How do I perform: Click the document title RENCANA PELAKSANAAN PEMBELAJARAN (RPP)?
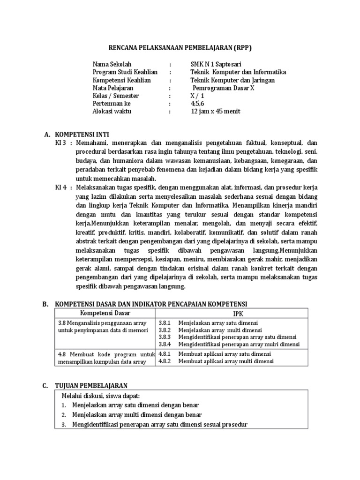point(180,48)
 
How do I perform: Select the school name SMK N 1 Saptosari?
point(217,64)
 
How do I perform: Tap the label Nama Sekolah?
point(112,64)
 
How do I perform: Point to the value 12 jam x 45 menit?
point(216,112)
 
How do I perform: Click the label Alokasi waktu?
point(112,112)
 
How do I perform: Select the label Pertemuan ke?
point(112,104)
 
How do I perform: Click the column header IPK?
point(232,314)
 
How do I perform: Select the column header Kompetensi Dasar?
point(105,313)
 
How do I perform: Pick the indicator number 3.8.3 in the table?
point(165,337)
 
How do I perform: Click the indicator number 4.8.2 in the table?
point(165,361)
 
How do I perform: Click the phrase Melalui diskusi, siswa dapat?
point(101,396)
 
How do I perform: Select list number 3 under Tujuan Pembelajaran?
point(64,425)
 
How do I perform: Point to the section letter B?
point(46,304)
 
